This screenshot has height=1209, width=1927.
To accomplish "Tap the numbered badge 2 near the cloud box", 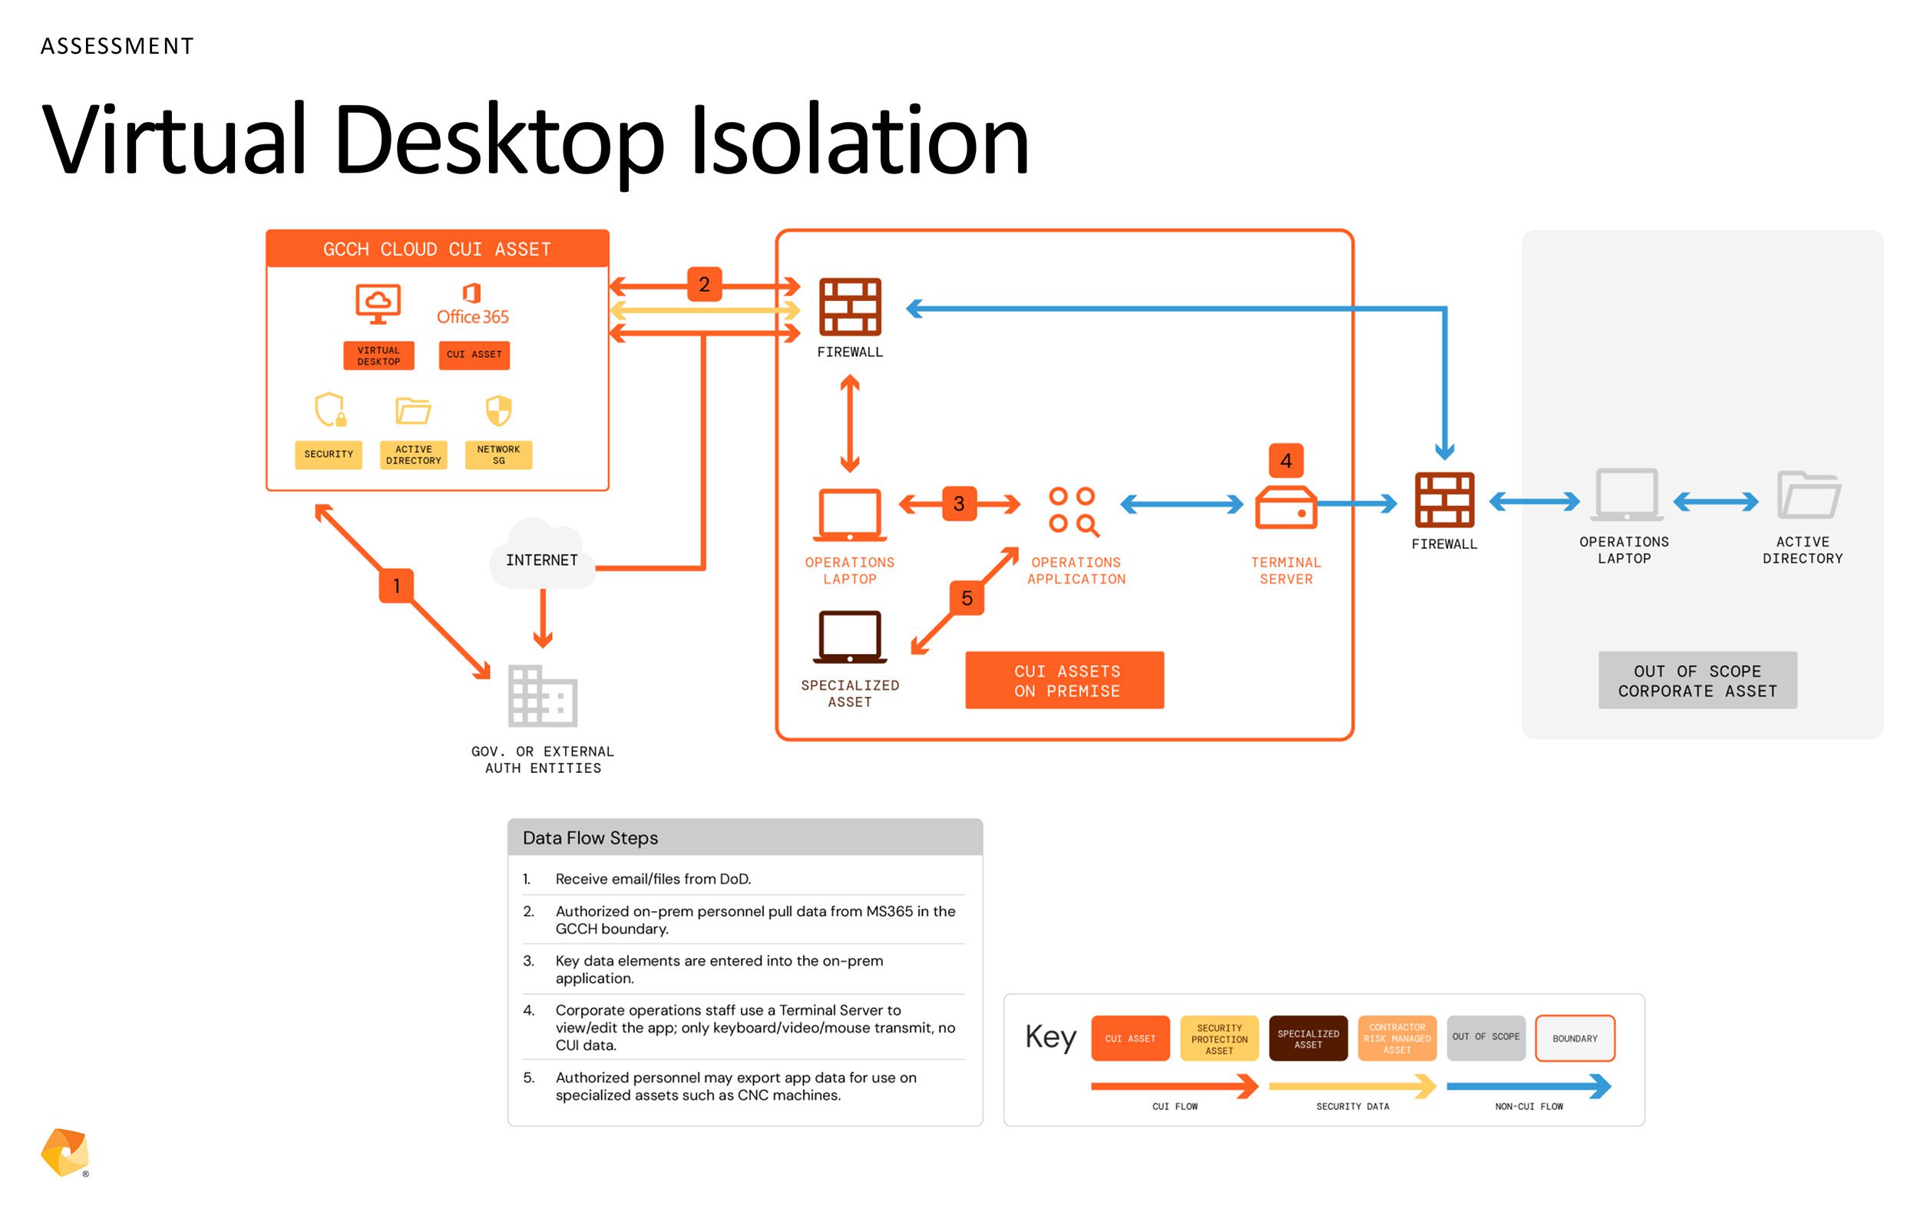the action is coord(704,284).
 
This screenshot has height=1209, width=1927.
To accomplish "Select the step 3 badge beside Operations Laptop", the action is coord(959,503).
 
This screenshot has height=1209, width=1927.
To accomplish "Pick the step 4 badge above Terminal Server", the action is coord(1286,460).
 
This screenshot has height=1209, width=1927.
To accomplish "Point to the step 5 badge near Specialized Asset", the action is coord(967,597).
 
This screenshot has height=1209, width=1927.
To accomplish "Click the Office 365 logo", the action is coord(473,305).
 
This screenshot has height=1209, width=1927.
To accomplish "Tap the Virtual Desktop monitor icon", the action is coord(378,304).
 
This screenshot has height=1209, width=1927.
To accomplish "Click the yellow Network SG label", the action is coord(498,454).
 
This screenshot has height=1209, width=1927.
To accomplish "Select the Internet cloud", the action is coord(542,555).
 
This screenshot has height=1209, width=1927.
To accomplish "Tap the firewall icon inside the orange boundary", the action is coord(849,306).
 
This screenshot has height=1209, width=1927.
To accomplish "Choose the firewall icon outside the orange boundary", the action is coord(1444,500).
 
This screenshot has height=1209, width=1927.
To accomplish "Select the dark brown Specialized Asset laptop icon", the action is coord(849,637).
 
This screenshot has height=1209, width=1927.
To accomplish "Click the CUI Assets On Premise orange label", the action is coord(1064,679).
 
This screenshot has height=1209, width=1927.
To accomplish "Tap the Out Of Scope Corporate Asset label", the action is coord(1697,679).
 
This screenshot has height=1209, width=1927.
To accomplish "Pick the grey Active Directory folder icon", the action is coord(1809,495).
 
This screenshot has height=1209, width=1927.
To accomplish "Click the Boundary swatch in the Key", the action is coord(1575,1038).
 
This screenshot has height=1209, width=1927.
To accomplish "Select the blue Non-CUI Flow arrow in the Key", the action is coord(1529,1086).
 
